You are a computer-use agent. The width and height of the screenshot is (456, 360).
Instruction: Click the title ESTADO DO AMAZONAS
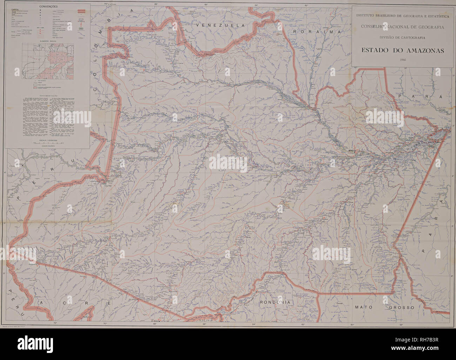tap(402, 50)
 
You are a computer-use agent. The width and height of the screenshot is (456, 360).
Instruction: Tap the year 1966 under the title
tap(403, 59)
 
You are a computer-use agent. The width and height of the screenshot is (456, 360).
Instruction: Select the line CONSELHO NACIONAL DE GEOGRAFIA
tap(402, 27)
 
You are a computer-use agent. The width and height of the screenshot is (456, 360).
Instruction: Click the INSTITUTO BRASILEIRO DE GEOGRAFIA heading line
tap(402, 15)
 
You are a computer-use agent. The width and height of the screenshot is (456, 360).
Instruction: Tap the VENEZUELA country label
tap(222, 26)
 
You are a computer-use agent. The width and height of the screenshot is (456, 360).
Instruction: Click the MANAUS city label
tap(352, 151)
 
